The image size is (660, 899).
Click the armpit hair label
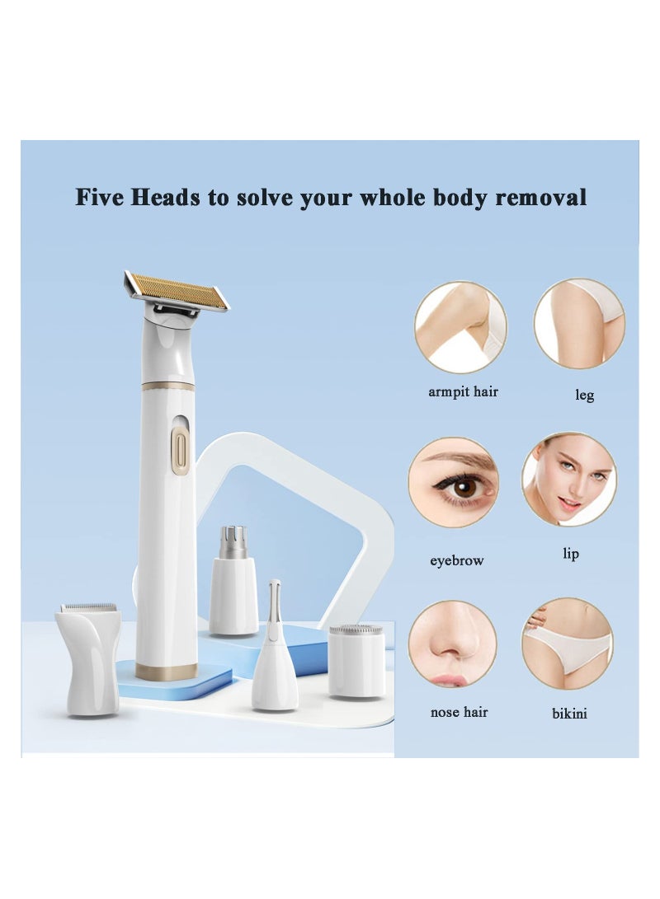click(x=463, y=391)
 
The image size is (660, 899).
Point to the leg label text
click(x=584, y=396)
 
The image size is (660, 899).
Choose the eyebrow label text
click(x=456, y=561)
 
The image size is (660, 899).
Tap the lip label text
click(x=571, y=554)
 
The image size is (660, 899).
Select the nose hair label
click(x=459, y=712)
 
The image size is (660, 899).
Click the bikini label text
click(x=569, y=714)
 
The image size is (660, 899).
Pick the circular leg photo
click(x=579, y=323)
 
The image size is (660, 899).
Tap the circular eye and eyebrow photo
click(x=454, y=482)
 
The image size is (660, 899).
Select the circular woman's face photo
click(x=569, y=480)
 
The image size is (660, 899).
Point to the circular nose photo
click(x=452, y=643)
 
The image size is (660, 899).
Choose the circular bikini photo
click(x=568, y=643)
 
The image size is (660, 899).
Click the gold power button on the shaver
click(x=180, y=451)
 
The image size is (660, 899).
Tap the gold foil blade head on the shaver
click(x=177, y=292)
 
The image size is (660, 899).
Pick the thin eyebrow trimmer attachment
click(x=274, y=659)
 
